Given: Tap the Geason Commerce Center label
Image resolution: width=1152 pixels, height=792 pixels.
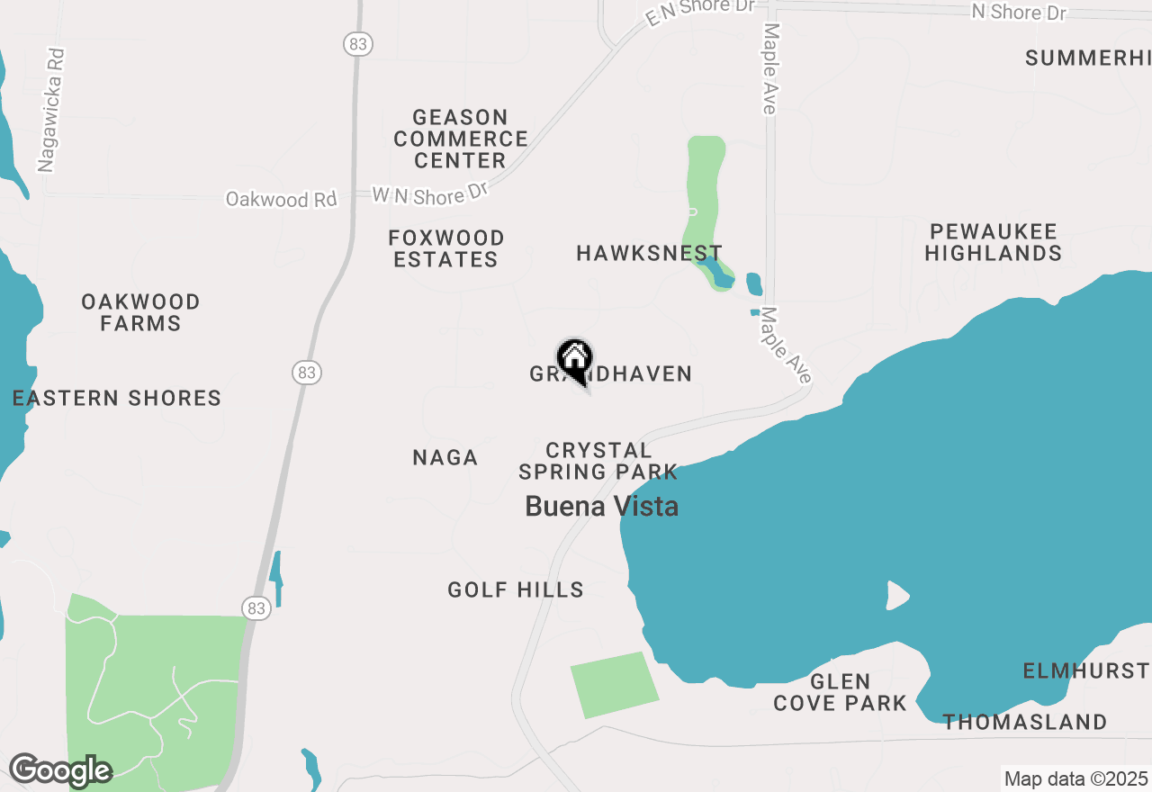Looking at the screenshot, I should click(x=460, y=139).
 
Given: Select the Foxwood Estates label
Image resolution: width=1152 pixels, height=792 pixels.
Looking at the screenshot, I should click(x=445, y=248).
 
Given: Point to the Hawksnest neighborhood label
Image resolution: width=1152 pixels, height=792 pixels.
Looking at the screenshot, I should click(x=649, y=254).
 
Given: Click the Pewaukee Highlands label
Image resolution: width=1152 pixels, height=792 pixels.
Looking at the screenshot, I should click(x=993, y=243).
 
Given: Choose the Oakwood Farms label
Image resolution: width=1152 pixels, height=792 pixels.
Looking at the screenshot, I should click(x=140, y=312).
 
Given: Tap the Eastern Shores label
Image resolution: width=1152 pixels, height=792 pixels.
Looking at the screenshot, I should click(x=117, y=398).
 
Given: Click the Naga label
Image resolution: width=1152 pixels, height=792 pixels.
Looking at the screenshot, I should click(x=445, y=458).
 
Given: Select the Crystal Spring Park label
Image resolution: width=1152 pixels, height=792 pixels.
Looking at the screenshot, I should click(x=598, y=461).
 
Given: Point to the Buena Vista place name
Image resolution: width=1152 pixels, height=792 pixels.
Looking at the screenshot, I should click(x=601, y=507).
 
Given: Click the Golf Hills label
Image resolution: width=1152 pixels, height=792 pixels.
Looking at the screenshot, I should click(x=516, y=590).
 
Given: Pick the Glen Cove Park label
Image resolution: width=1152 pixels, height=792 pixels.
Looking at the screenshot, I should click(x=840, y=692).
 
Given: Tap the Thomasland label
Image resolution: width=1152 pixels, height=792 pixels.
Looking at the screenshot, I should click(x=1024, y=722).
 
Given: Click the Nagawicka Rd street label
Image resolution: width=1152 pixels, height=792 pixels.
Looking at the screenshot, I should click(x=52, y=110).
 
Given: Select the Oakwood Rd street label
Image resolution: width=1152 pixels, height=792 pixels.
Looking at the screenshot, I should click(x=281, y=199).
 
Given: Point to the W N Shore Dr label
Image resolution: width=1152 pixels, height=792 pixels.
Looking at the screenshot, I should click(x=430, y=193).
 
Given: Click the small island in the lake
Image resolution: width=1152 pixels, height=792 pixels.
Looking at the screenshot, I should click(x=897, y=595).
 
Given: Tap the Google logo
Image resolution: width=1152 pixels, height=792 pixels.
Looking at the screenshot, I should click(x=59, y=770).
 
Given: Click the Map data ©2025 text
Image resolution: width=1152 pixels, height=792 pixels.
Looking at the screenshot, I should click(x=1075, y=778).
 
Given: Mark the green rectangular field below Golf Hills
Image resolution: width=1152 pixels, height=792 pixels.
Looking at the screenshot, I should click(x=614, y=685).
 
